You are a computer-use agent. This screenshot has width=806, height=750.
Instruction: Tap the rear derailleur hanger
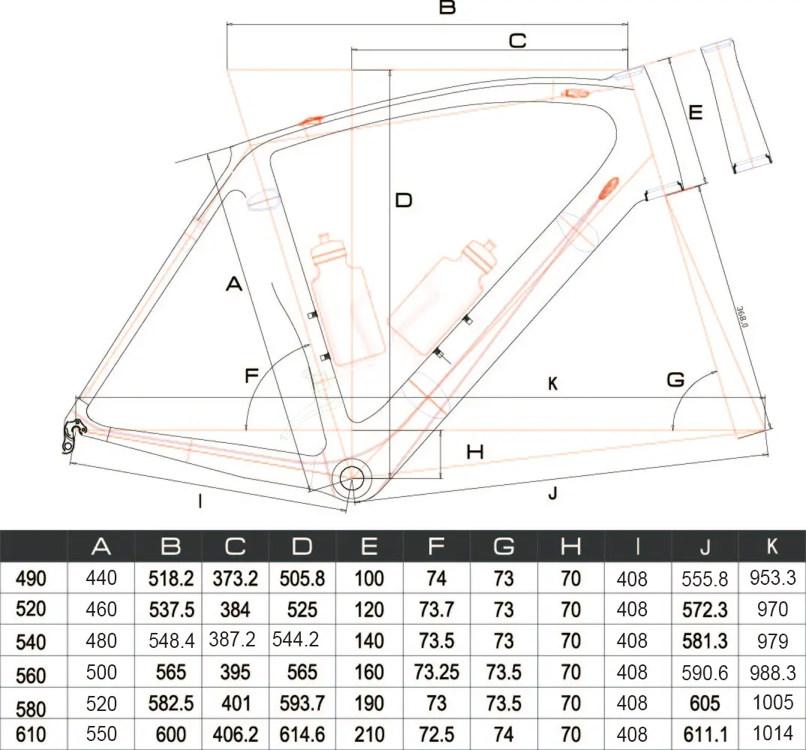(x=72, y=436)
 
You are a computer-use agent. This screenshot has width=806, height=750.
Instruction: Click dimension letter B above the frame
(x=447, y=8)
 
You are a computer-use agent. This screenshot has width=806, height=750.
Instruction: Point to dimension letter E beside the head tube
(x=695, y=113)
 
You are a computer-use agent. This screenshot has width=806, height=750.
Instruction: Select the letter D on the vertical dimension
(x=404, y=201)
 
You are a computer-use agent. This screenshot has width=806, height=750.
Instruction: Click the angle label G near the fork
(x=675, y=380)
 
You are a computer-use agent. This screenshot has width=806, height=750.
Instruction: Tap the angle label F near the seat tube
(x=252, y=375)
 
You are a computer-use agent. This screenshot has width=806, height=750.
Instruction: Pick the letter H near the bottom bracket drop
(x=475, y=452)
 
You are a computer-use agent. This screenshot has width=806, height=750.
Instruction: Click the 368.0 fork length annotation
(x=742, y=316)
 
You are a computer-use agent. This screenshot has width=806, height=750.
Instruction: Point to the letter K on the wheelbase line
(x=552, y=384)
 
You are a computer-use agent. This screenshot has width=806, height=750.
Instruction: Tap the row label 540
(x=31, y=642)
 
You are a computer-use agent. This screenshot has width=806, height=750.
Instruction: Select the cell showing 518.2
(x=171, y=578)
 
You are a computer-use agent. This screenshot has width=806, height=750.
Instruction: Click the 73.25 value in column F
(x=436, y=671)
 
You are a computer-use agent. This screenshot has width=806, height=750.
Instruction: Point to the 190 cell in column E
(x=368, y=703)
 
